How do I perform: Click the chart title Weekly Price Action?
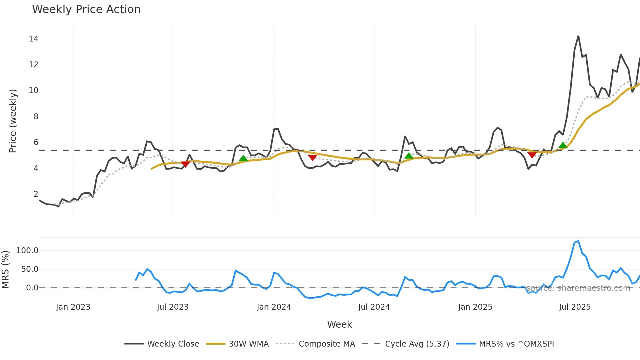tap(86, 9)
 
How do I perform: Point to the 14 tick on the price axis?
tap(33, 39)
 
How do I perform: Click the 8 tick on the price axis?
tap(36, 117)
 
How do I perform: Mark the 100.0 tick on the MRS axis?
tap(27, 251)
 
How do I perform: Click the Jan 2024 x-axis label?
tap(274, 307)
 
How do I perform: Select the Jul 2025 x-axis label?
tap(575, 307)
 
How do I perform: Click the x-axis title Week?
tap(339, 324)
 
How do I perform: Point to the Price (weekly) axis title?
tap(13, 121)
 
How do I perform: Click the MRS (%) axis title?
tap(6, 270)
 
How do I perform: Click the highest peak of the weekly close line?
tap(578, 36)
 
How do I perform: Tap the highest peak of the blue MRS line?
tap(578, 241)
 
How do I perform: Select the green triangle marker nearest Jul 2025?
tap(563, 145)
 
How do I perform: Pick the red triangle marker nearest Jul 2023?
tap(185, 164)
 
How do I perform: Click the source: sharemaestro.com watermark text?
tap(578, 288)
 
